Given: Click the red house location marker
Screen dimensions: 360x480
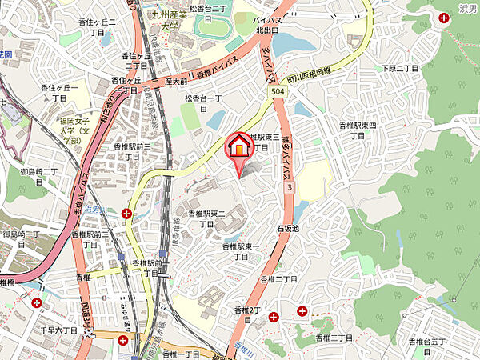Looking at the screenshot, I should coord(238,146).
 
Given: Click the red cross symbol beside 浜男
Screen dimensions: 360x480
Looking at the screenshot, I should coord(444,17).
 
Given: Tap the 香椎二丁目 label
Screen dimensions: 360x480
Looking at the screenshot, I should coord(278,279).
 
